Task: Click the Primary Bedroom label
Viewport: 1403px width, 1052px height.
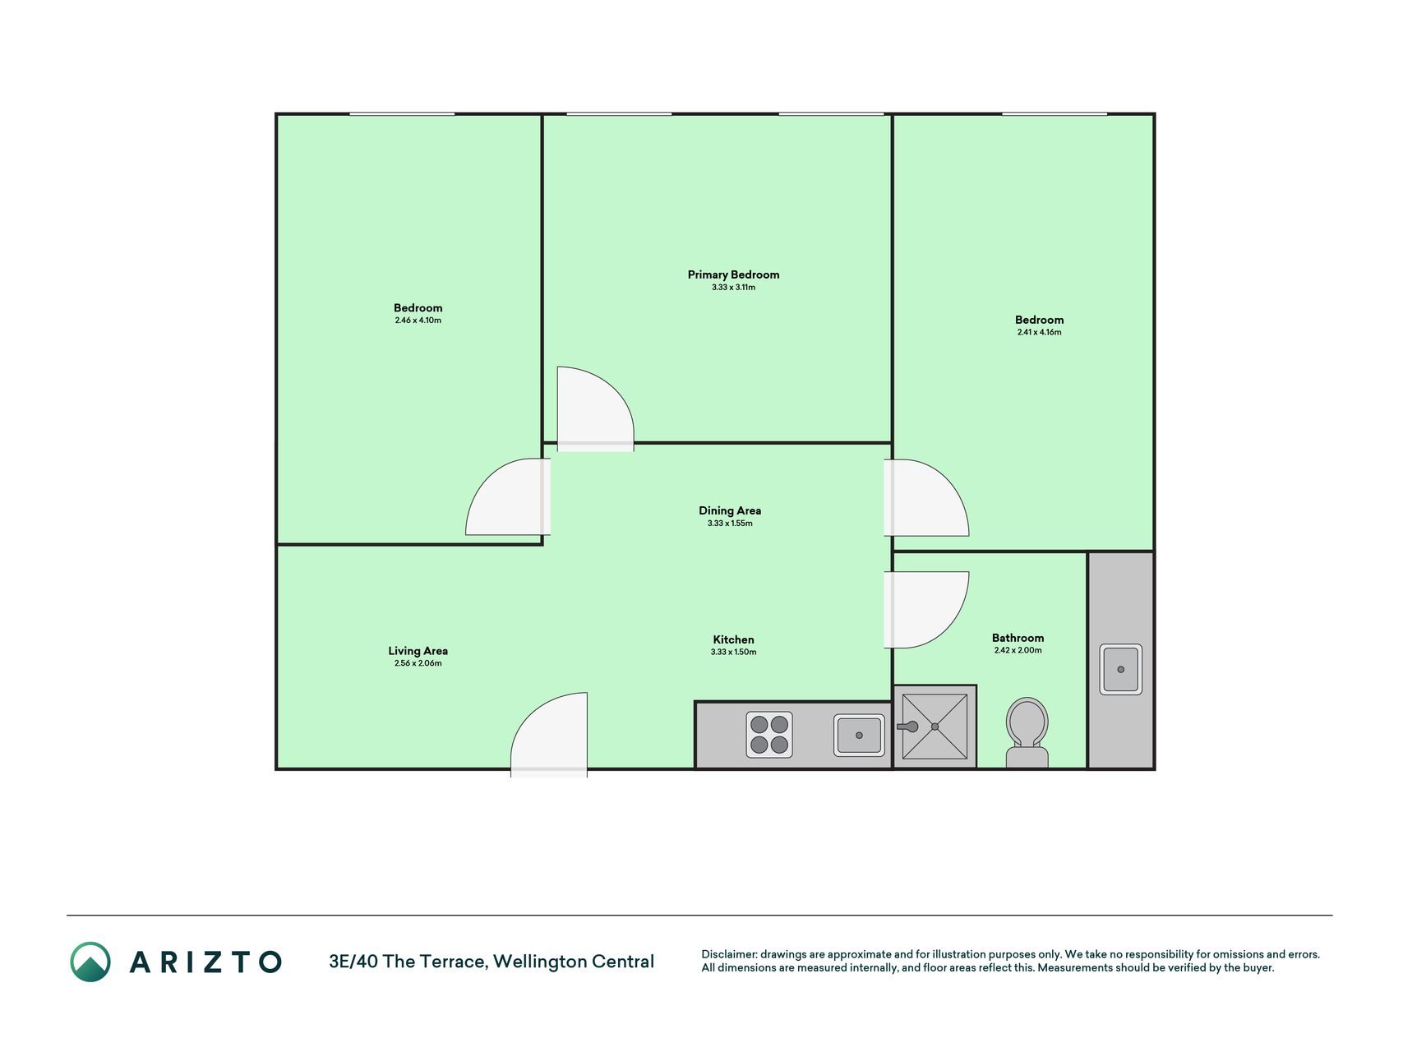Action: (733, 275)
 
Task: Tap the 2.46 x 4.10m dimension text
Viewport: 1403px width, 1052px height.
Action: (418, 321)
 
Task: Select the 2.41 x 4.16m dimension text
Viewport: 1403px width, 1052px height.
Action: (1039, 332)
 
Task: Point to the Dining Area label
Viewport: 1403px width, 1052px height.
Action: (730, 510)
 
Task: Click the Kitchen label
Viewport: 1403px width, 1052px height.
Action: (733, 639)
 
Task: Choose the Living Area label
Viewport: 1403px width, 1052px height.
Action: (418, 651)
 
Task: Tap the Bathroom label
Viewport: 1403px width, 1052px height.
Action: (1018, 638)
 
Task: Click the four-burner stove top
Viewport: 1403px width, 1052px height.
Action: (769, 735)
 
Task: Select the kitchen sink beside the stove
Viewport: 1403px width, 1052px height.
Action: (859, 735)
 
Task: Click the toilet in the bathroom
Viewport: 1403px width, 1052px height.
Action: (1027, 733)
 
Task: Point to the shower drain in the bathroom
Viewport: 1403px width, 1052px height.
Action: (935, 727)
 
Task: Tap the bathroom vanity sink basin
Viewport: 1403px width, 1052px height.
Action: (1120, 669)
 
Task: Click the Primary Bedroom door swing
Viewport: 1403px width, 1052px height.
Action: (595, 408)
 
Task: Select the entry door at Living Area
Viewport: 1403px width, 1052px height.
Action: (549, 735)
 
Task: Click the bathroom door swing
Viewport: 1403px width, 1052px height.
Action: (926, 610)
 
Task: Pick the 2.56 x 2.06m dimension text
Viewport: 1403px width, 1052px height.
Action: (418, 663)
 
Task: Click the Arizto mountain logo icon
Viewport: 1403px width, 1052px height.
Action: (90, 962)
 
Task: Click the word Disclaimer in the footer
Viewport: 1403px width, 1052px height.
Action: (728, 954)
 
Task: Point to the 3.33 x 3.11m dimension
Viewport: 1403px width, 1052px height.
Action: (733, 288)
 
